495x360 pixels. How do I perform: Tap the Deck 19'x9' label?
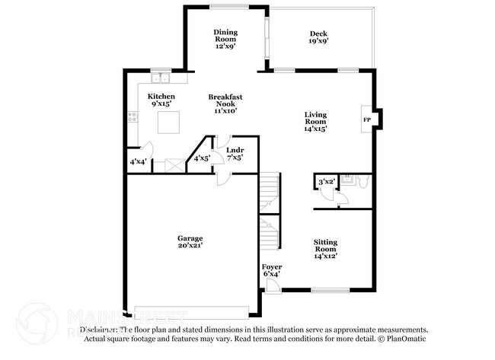pos(318,37)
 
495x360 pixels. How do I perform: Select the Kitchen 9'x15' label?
pos(161,100)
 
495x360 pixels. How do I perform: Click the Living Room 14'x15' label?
pos(315,122)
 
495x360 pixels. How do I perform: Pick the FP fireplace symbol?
pos(366,120)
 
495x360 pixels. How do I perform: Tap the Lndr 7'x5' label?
pos(235,155)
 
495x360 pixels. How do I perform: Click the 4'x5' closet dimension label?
pos(201,159)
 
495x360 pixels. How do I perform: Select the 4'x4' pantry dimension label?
pos(138,162)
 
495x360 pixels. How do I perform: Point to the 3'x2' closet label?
pos(326,182)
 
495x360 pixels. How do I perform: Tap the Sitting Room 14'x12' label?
pos(325,249)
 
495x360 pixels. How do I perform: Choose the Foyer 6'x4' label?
pos(272,272)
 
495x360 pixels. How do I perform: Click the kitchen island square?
pos(168,122)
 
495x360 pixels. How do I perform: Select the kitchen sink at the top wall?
pos(161,77)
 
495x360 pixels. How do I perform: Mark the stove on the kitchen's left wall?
pos(133,117)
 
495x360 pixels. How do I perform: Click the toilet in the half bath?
pos(362,182)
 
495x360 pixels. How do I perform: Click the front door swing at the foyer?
pos(270,285)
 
